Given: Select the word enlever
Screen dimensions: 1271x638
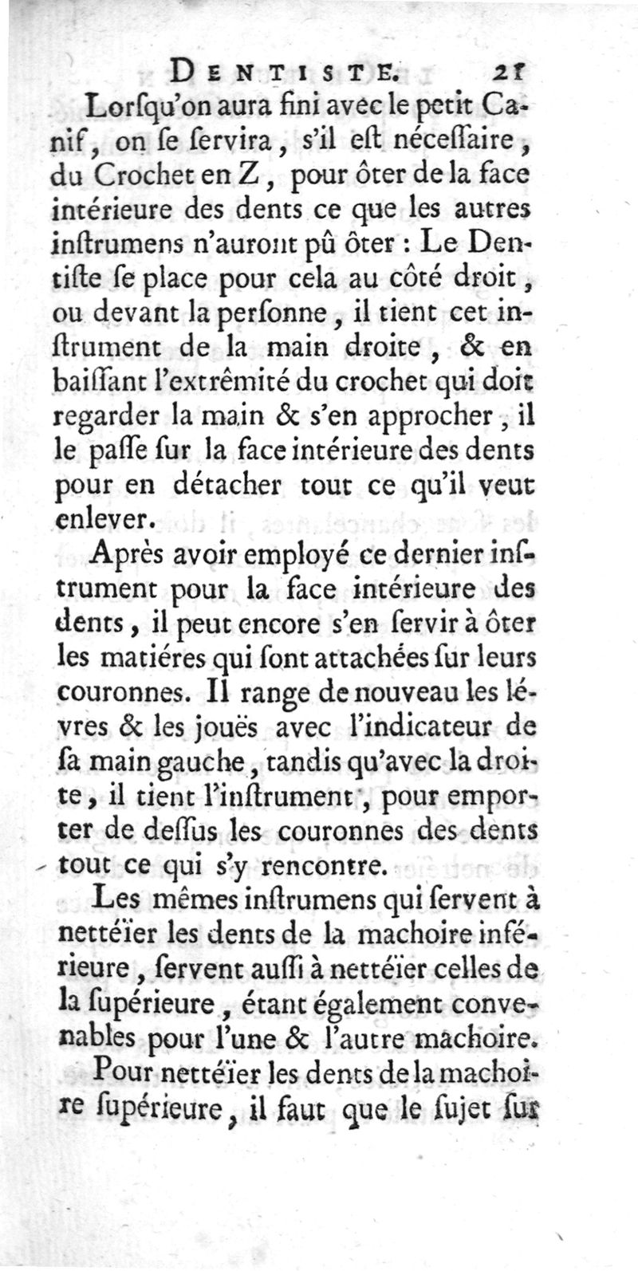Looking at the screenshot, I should [x=102, y=520].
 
